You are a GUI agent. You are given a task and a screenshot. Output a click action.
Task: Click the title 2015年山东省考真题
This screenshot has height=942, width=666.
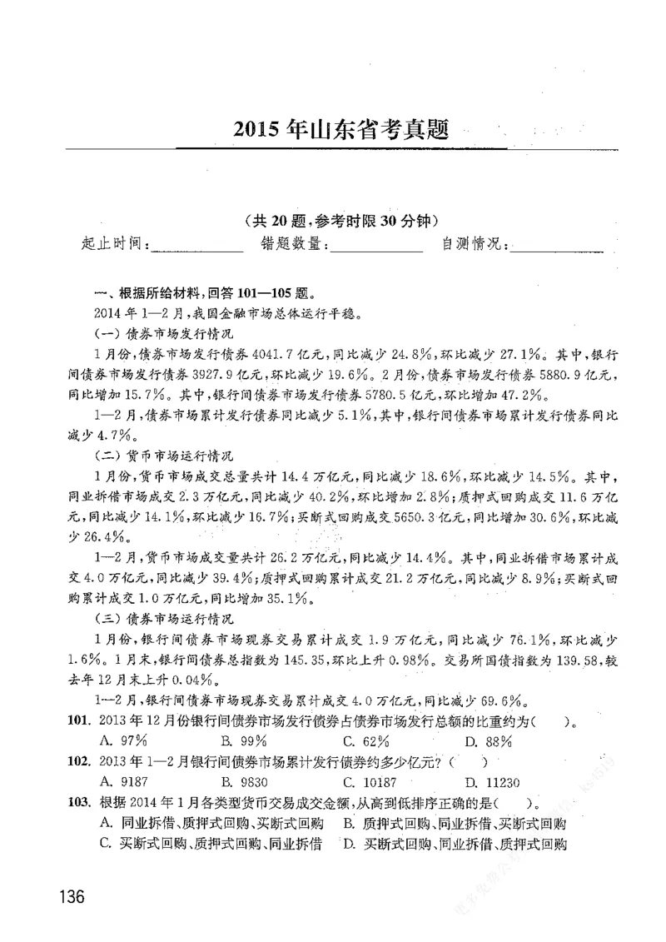(x=341, y=130)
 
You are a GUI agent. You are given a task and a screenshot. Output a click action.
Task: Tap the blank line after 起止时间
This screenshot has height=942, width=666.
(x=196, y=247)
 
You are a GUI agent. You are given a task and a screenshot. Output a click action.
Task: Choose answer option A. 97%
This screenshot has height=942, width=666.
(x=122, y=740)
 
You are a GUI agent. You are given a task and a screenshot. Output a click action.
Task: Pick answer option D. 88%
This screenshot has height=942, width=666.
(x=488, y=740)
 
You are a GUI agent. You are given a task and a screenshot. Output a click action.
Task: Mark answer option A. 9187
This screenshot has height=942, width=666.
(x=122, y=781)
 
